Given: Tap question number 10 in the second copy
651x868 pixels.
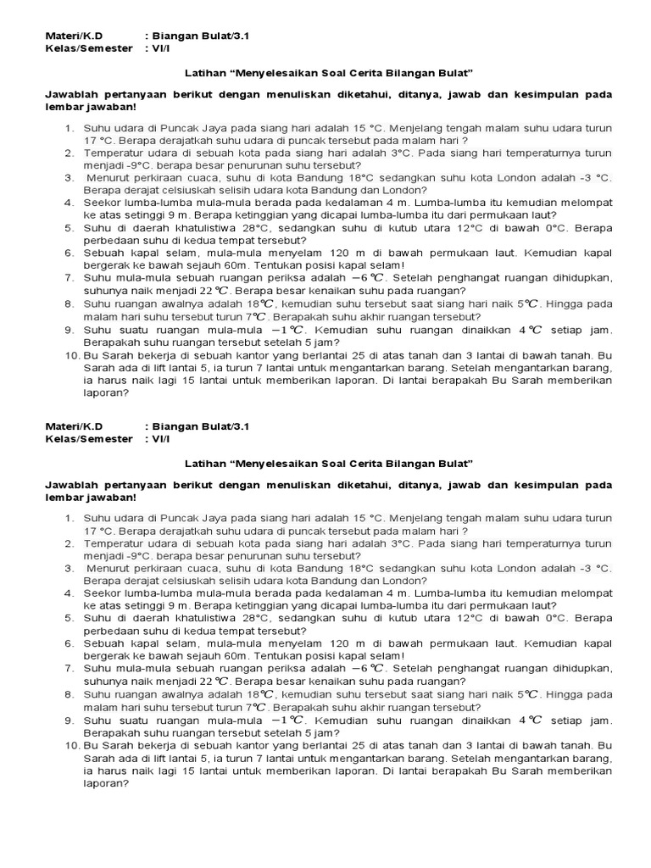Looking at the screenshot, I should point(71,746).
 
